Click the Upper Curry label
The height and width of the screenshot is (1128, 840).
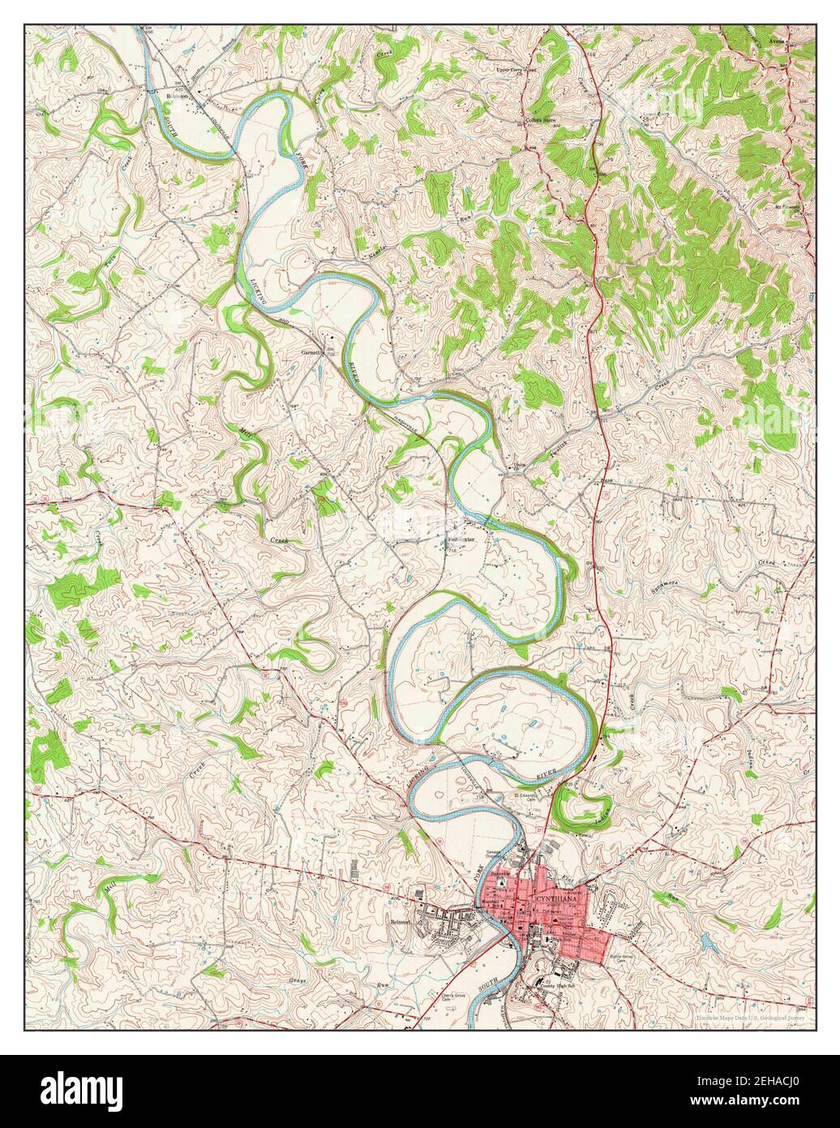516,70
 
